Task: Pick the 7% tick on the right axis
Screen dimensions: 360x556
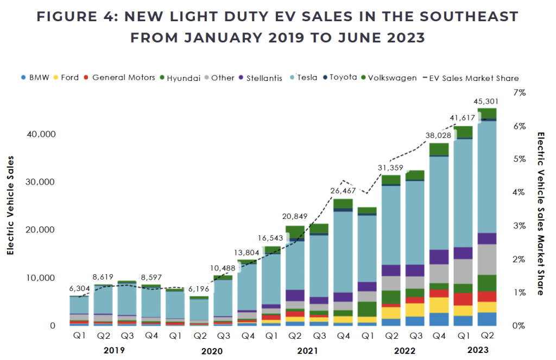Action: [x=520, y=93]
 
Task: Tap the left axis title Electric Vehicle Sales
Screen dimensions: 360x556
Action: [x=10, y=206]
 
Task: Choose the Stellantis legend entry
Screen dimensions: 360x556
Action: [x=264, y=78]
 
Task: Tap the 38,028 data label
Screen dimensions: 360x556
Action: [x=439, y=135]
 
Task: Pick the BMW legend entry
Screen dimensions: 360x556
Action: [x=37, y=78]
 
